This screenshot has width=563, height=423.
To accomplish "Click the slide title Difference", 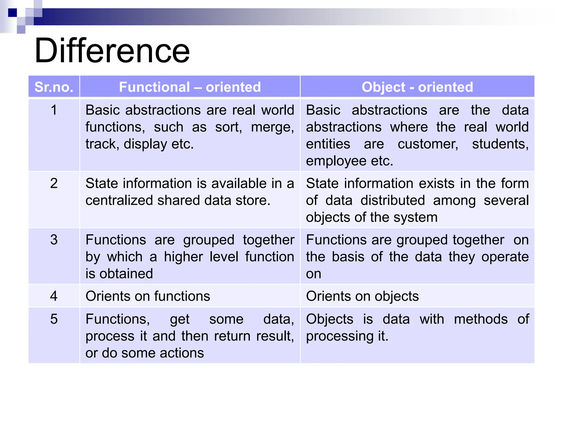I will point(112,51).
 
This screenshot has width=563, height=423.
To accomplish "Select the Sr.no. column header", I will point(54,87).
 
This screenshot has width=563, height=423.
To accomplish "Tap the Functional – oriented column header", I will point(190,87).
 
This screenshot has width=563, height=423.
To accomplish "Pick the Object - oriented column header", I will point(417,87).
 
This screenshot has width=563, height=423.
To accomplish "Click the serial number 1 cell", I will point(54,110).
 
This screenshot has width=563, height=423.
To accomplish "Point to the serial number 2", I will point(54,183).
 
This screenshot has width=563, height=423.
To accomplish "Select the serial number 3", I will point(54,240).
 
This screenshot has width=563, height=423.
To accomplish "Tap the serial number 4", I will point(54,296).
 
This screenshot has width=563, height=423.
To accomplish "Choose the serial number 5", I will point(54,319).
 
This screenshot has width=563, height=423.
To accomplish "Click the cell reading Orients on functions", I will point(148,296).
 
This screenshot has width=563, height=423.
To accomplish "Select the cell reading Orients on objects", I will point(362,296).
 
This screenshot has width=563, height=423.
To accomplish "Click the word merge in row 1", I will point(272,127).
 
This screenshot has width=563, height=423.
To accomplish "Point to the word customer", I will point(428,144).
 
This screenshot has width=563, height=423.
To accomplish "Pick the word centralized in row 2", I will point(119,200).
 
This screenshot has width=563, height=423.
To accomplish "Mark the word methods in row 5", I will point(481,319).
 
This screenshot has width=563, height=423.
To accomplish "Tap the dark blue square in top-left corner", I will point(12,13).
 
